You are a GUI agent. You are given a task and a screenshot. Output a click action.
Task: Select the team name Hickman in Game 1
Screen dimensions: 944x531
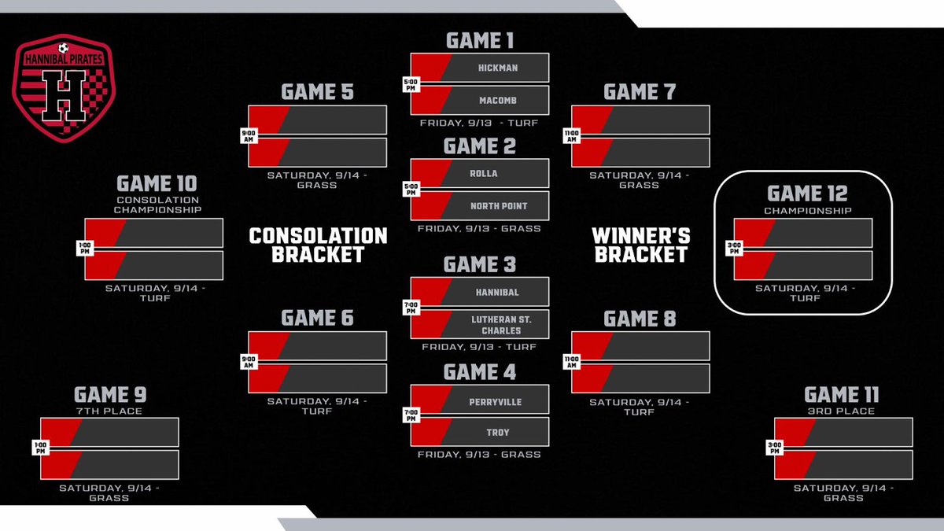(498, 68)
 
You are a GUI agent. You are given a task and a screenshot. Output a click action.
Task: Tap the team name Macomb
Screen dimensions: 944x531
(498, 100)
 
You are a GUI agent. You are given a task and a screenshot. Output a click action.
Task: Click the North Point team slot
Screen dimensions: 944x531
(498, 206)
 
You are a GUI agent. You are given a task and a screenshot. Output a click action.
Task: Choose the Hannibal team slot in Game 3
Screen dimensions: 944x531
(498, 292)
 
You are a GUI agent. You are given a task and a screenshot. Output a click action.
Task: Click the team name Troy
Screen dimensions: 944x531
(498, 433)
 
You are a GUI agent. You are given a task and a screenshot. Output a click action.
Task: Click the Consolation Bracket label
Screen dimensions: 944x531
(318, 245)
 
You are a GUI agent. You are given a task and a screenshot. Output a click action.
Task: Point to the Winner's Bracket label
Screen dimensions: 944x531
(640, 245)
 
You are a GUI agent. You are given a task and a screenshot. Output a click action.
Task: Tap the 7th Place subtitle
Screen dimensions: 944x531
(110, 411)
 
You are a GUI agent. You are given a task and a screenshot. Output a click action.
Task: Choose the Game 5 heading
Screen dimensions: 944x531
(317, 92)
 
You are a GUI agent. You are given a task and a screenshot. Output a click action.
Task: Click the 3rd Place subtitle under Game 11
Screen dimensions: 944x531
(843, 411)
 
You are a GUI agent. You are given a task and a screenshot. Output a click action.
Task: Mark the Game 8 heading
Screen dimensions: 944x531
(640, 319)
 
